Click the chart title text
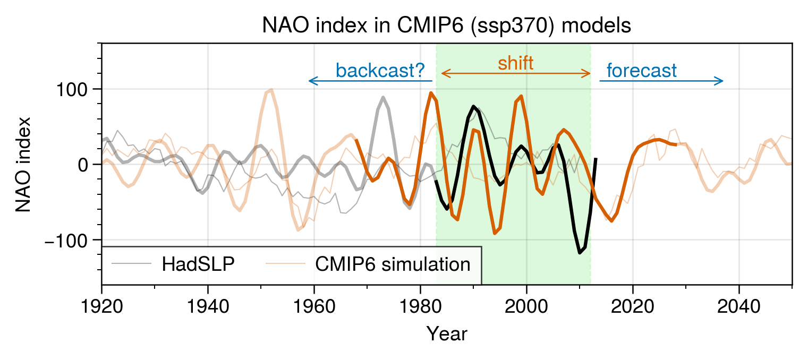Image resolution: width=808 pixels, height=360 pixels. (446, 25)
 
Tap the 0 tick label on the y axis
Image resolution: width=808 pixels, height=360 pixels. (82, 165)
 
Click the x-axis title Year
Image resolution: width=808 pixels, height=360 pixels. (447, 334)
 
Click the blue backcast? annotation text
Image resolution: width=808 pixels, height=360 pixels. (380, 71)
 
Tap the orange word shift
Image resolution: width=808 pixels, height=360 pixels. (515, 64)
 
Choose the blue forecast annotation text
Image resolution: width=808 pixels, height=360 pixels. (642, 71)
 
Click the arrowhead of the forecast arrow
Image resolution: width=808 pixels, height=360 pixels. (721, 81)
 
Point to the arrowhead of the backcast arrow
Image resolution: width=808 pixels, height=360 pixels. (311, 81)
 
